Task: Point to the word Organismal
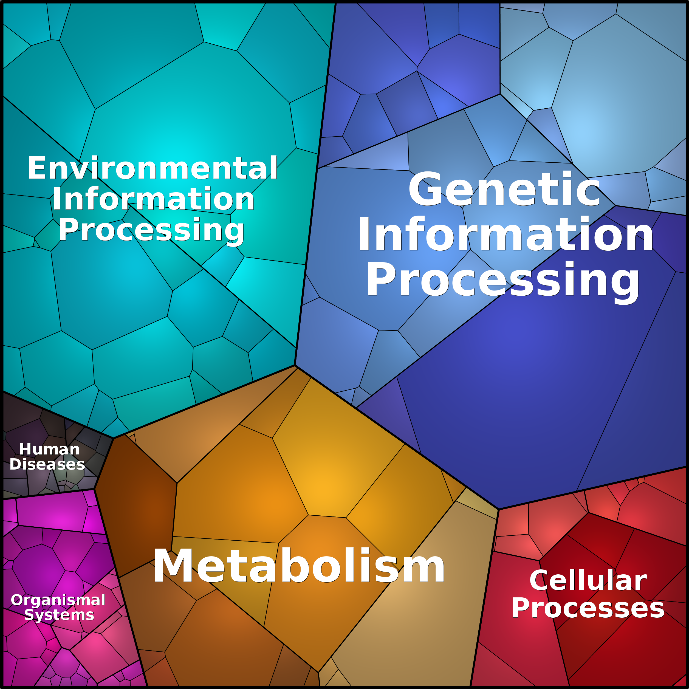click(58, 600)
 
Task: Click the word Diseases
click(47, 464)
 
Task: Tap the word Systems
click(59, 615)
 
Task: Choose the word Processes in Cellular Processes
click(588, 608)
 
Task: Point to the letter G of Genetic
click(426, 189)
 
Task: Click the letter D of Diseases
click(15, 464)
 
